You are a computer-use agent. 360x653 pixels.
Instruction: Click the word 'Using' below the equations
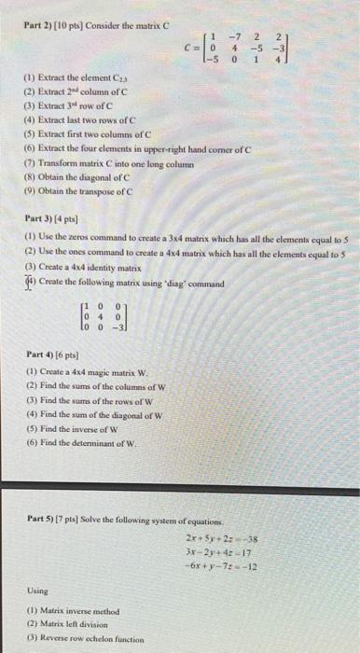click(37, 590)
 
